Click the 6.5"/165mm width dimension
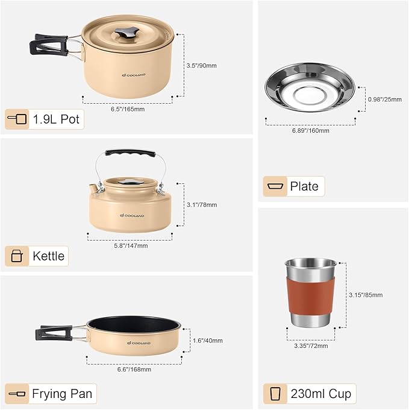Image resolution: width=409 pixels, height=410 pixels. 127,109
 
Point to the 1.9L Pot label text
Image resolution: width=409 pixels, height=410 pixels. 57,119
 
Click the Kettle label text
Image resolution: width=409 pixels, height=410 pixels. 49,256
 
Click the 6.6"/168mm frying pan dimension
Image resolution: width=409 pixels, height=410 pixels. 134,369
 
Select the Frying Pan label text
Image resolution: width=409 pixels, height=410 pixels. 62,394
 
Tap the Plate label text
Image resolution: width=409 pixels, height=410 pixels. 304,186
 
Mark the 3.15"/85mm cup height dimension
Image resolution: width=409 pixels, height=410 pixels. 366,295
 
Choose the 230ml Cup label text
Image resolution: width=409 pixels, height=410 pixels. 320,394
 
